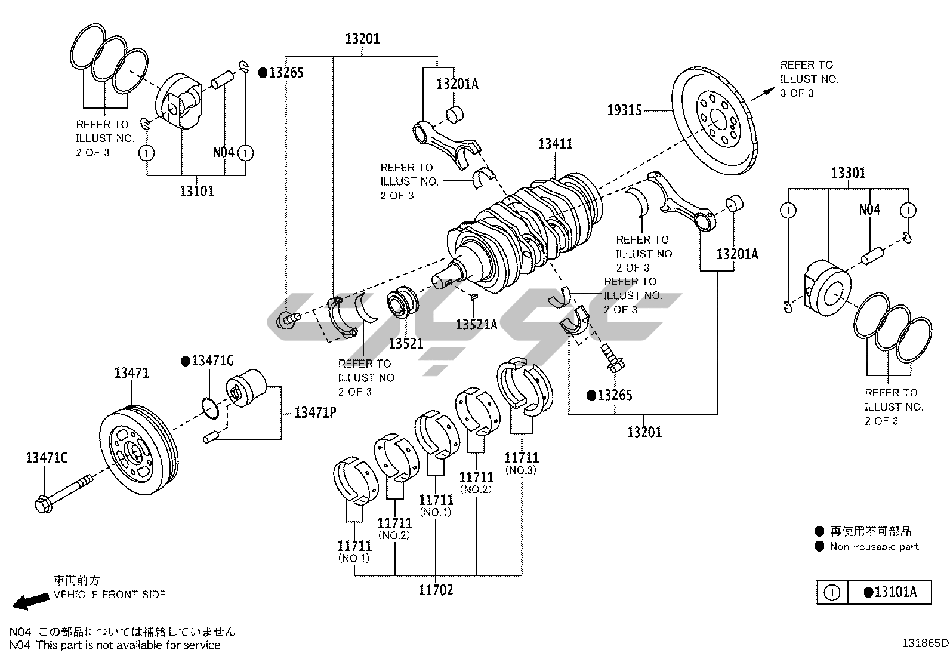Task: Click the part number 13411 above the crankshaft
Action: pyautogui.click(x=555, y=144)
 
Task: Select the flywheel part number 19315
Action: pyautogui.click(x=624, y=110)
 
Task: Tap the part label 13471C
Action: pyautogui.click(x=47, y=458)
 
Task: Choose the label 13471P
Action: pyautogui.click(x=314, y=412)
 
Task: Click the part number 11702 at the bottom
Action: pyautogui.click(x=436, y=590)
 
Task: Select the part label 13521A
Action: pyautogui.click(x=476, y=325)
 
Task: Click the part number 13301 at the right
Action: pyautogui.click(x=848, y=173)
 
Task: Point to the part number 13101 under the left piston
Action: pyautogui.click(x=196, y=192)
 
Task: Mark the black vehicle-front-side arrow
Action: pyautogui.click(x=30, y=602)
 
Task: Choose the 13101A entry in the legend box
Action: pyautogui.click(x=889, y=592)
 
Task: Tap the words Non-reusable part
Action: pyautogui.click(x=874, y=547)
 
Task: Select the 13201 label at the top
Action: pyautogui.click(x=362, y=39)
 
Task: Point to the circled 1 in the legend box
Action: pyautogui.click(x=832, y=593)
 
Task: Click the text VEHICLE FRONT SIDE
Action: pyautogui.click(x=110, y=595)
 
